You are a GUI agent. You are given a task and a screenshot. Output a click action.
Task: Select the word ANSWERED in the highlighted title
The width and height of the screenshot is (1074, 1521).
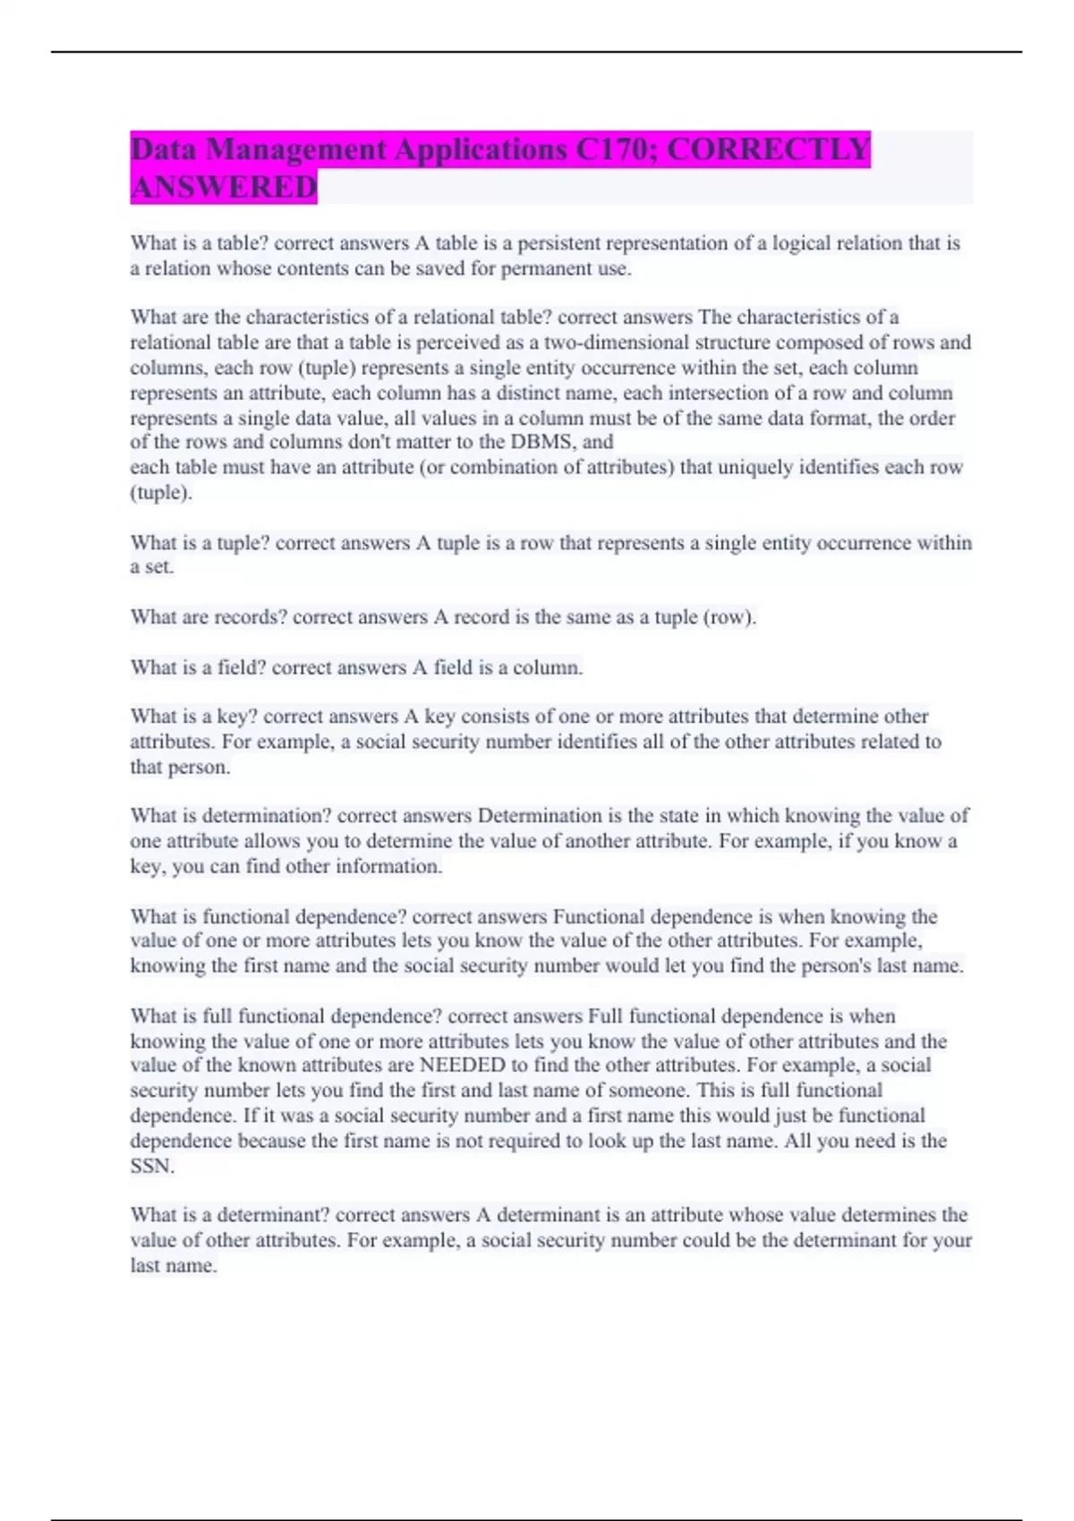(224, 187)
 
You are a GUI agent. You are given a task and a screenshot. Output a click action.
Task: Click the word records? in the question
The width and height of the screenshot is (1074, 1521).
(250, 617)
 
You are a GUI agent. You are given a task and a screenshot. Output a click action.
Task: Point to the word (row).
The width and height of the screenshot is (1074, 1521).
(729, 617)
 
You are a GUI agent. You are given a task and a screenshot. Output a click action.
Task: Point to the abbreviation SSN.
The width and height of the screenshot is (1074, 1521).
(152, 1167)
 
